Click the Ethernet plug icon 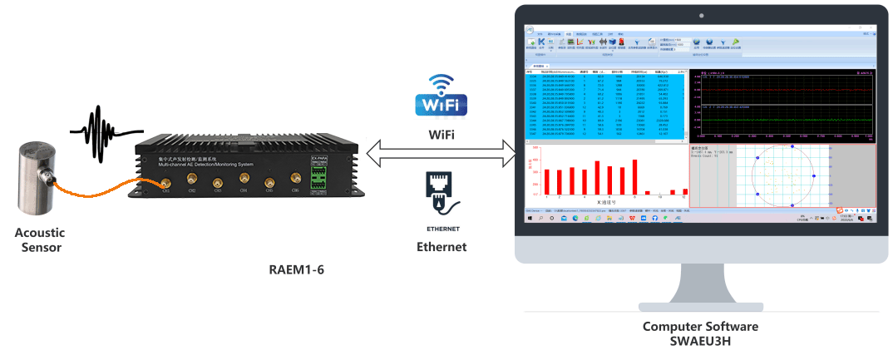click(x=441, y=192)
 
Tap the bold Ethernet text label click(x=442, y=247)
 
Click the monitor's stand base click(x=698, y=304)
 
